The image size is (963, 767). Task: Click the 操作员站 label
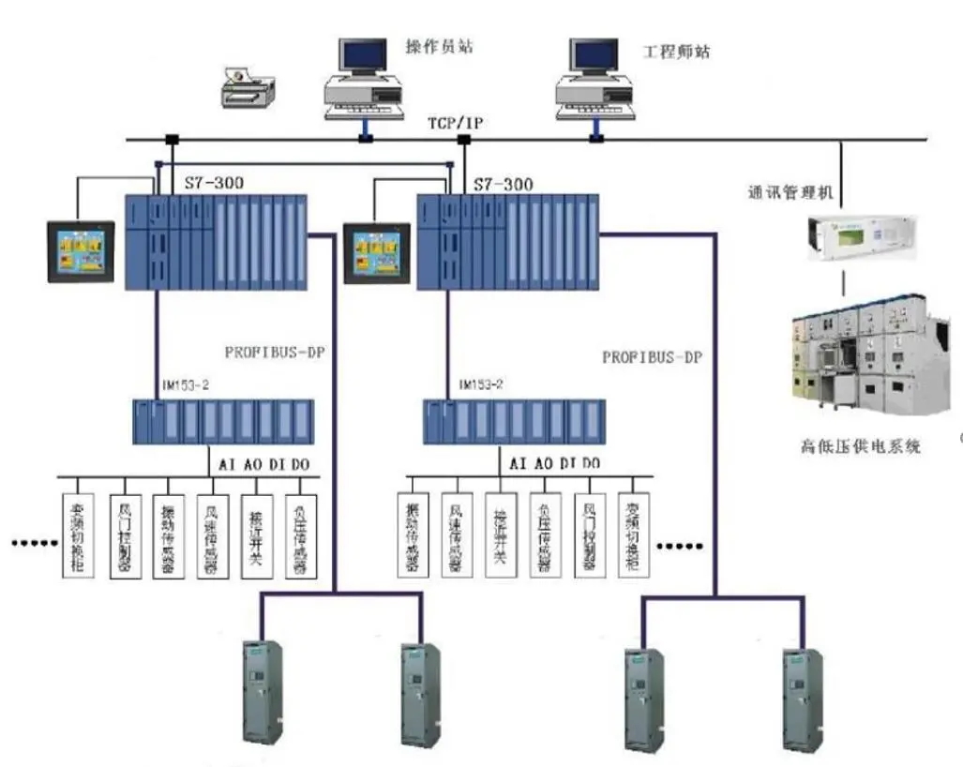click(438, 46)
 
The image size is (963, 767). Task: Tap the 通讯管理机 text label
click(792, 193)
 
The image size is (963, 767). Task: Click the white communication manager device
click(845, 237)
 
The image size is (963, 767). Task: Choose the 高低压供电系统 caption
click(861, 446)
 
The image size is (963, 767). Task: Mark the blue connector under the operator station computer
click(365, 139)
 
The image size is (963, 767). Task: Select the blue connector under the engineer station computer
click(595, 139)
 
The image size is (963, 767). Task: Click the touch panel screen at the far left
click(82, 252)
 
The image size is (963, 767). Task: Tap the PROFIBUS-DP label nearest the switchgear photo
click(652, 357)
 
